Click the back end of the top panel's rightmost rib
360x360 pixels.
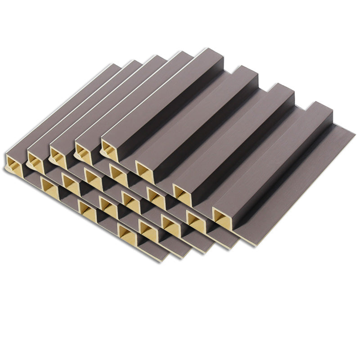pos(320,106)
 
